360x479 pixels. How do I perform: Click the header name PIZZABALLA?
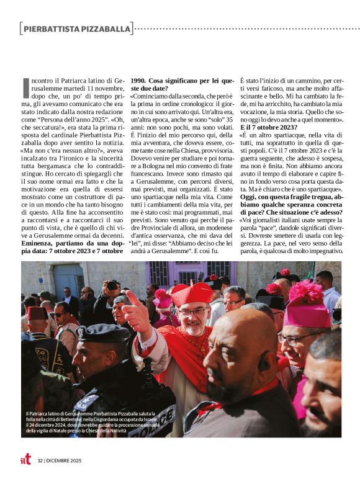point(106,29)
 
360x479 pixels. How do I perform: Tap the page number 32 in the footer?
point(40,460)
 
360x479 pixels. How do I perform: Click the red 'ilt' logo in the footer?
point(25,459)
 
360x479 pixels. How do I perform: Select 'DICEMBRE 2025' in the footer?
point(63,460)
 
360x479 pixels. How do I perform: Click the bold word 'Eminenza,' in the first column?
point(39,241)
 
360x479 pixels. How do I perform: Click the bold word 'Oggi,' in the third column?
point(250,195)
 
